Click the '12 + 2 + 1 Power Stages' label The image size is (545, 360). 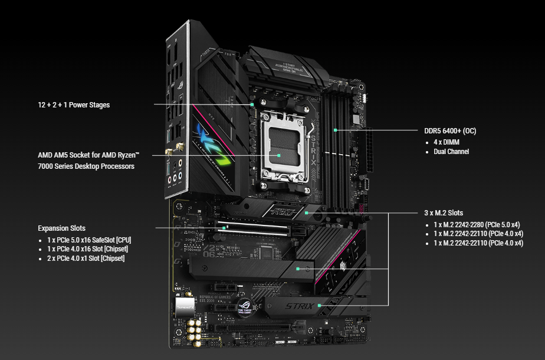[74, 105]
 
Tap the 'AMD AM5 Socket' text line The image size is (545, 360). [88, 155]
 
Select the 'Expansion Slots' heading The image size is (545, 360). [61, 228]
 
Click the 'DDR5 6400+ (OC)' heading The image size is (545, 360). [450, 131]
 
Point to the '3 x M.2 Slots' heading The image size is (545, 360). [444, 213]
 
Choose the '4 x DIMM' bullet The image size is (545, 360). [446, 142]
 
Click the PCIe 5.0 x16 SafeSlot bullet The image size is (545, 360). [89, 240]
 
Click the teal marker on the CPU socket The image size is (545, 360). [279, 155]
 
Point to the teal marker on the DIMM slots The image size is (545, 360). [336, 130]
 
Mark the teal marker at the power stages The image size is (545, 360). [252, 104]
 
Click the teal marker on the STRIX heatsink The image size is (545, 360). [320, 306]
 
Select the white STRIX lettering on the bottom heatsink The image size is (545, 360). [299, 306]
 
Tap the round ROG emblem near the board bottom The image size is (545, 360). [245, 307]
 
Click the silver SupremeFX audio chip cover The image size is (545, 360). [185, 307]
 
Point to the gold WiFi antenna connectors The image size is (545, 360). [175, 149]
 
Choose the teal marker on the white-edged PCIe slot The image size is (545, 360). [224, 228]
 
